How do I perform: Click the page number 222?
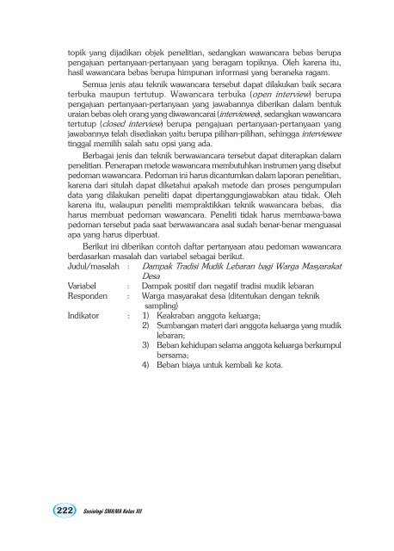point(40,509)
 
